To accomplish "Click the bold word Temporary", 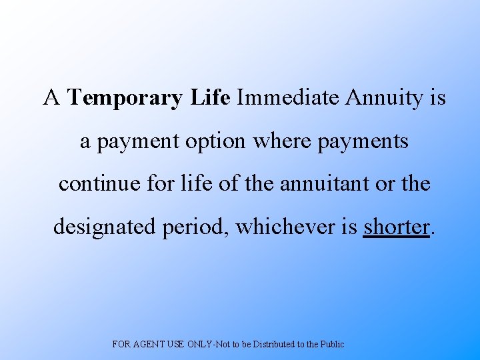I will pos(125,99).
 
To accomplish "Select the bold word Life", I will pos(210,99).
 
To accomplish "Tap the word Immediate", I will pos(288,99).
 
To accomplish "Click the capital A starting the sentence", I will pos(51,99).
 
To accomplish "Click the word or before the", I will pos(385,183).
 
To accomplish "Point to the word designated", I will pos(105,227).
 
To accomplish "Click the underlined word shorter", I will pos(396,227).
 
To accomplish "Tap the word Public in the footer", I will pos(331,344).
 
